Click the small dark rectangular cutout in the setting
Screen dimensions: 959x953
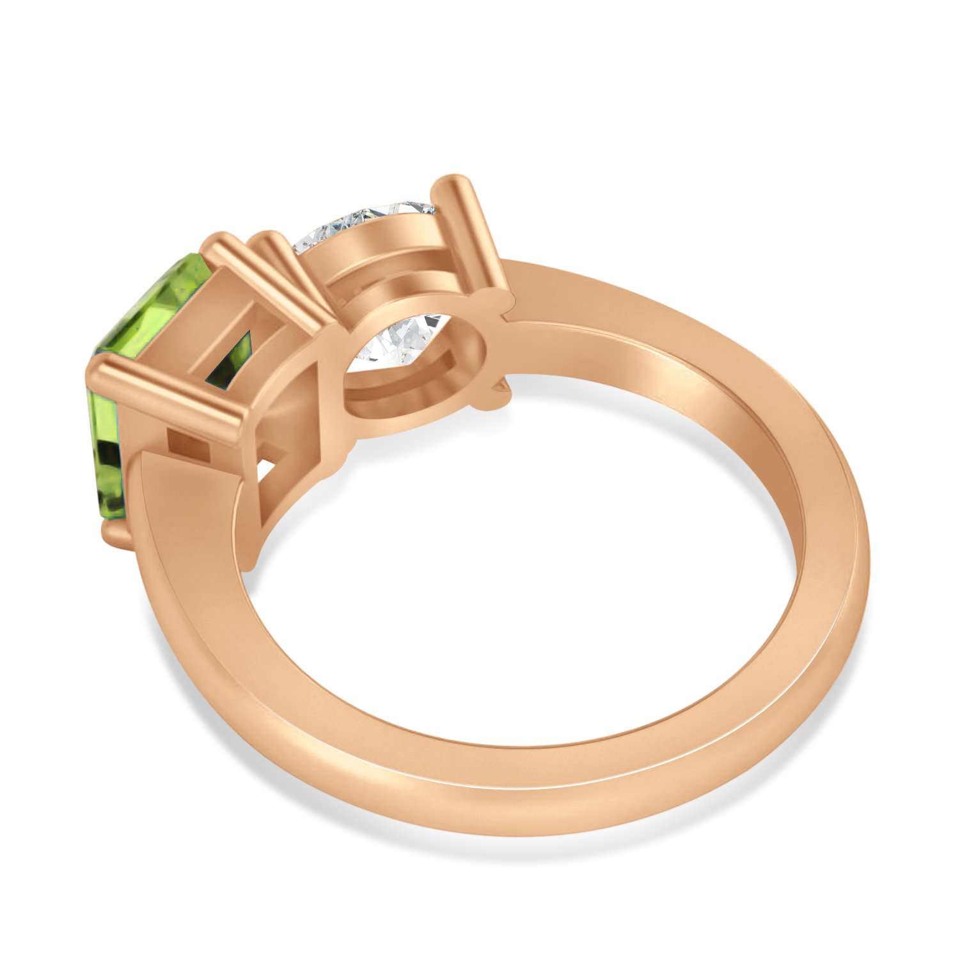coord(188,445)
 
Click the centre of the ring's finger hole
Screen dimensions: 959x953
coord(512,575)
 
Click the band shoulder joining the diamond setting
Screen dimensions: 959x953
coord(576,300)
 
